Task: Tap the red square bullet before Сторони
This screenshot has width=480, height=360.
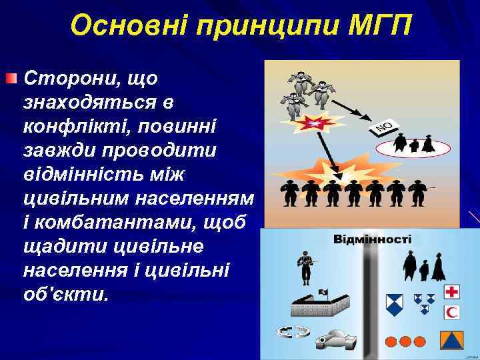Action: (x=11, y=79)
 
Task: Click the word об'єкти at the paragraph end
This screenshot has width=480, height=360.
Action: (x=65, y=293)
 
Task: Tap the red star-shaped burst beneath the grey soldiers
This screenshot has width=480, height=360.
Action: (x=311, y=123)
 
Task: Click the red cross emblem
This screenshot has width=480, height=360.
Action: (x=452, y=291)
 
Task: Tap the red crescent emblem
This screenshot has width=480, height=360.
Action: (x=452, y=311)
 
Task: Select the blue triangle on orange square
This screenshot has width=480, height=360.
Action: (x=452, y=341)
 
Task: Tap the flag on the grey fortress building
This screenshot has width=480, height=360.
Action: (x=323, y=292)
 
